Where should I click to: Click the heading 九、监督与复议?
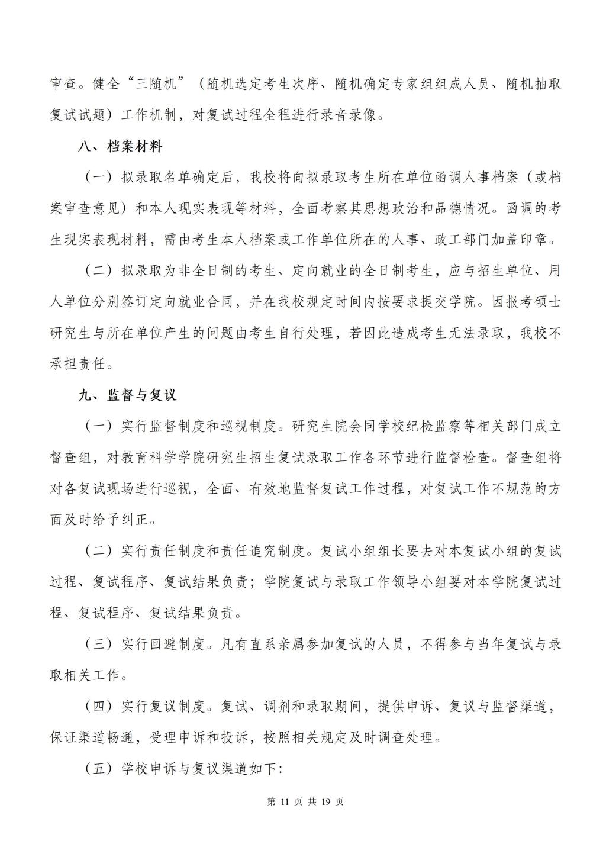tap(127, 395)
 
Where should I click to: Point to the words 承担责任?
tap(80, 364)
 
